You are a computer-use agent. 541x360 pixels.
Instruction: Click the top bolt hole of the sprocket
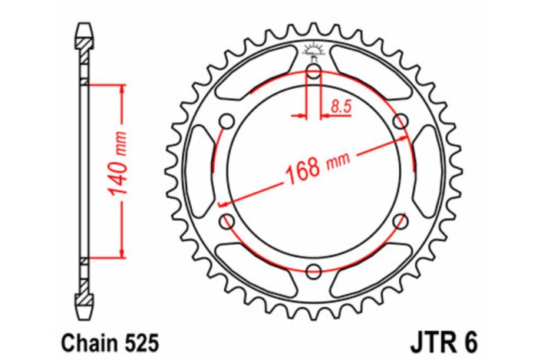tap(313, 73)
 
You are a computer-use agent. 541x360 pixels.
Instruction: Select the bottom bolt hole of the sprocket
tap(313, 271)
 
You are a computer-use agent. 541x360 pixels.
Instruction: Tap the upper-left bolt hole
tap(227, 122)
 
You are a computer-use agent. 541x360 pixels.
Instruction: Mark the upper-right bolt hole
tap(399, 122)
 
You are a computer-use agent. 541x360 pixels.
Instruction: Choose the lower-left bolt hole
tap(227, 221)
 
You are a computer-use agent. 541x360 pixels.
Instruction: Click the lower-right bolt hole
tap(399, 221)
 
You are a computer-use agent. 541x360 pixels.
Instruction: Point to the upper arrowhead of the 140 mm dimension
tap(121, 85)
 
